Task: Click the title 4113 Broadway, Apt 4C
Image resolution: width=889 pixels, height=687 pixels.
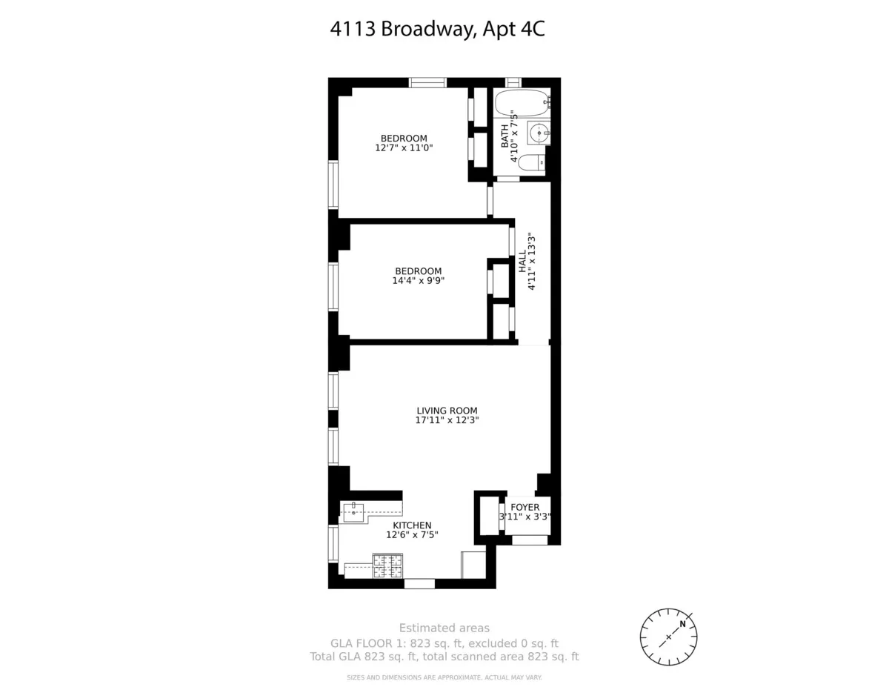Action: coord(442,30)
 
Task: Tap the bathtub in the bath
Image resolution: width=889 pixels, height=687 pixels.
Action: coord(522,104)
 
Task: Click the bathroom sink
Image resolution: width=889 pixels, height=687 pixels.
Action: coord(539,133)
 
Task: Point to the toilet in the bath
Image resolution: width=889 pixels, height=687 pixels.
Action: coord(530,164)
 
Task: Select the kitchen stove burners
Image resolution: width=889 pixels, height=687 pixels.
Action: coord(387,566)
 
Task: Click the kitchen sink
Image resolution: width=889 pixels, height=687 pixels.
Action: coord(353,512)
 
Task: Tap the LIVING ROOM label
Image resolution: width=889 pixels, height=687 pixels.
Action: coord(447,411)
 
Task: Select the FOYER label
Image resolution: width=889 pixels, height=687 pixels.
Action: coord(525,508)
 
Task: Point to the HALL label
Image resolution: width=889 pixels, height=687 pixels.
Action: coord(522,262)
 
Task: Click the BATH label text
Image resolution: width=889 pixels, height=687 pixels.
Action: coord(505,136)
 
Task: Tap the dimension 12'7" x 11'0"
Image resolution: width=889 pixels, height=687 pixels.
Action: coord(404,148)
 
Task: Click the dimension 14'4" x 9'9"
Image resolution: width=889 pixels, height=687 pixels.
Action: coord(418,281)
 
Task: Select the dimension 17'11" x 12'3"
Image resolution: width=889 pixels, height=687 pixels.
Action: coord(447,420)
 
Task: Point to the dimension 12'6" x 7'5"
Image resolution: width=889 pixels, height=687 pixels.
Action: coord(412,535)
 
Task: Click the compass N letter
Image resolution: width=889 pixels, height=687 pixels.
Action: coord(683,623)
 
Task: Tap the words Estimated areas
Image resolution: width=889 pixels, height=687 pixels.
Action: coord(444,628)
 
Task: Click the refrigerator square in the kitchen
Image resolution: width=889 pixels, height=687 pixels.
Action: coord(473,565)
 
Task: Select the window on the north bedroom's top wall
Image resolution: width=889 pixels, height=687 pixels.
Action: coord(427,82)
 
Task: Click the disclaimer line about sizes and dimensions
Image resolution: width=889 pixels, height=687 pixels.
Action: coord(444,677)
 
